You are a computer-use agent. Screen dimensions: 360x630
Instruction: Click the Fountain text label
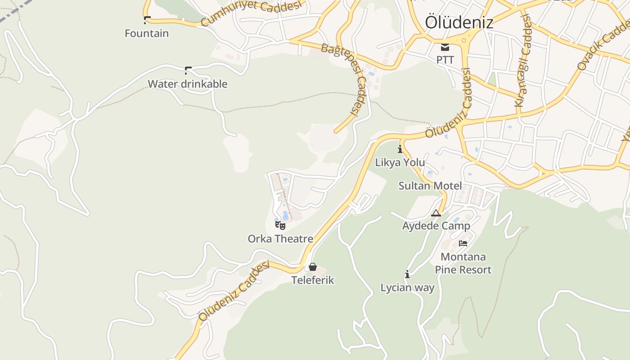click(147, 33)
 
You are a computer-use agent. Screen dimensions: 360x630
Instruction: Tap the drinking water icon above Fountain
click(147, 20)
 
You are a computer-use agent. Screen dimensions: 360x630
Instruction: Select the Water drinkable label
click(188, 84)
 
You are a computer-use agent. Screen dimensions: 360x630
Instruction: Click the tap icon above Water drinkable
click(188, 70)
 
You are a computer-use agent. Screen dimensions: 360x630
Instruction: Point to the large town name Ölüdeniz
click(459, 22)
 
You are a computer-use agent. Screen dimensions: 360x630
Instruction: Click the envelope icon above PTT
click(445, 47)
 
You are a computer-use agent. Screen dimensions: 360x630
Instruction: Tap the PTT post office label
click(445, 59)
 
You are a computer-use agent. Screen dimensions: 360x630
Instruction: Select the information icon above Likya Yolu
click(400, 149)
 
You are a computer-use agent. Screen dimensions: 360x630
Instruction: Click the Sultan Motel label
click(430, 185)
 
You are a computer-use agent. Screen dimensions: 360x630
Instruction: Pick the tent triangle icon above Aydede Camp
click(436, 213)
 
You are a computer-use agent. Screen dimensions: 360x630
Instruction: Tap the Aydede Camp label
click(436, 225)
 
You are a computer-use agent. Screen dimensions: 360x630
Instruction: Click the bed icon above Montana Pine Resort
click(463, 243)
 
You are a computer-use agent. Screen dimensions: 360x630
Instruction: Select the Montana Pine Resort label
click(463, 263)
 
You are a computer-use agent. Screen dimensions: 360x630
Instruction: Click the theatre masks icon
click(280, 225)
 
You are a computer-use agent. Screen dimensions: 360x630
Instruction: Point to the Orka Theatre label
click(280, 238)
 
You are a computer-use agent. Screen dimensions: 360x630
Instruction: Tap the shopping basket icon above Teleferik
click(313, 267)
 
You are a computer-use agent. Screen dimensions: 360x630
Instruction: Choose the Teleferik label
click(313, 280)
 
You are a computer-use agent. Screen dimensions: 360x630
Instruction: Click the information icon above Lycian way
click(407, 274)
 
